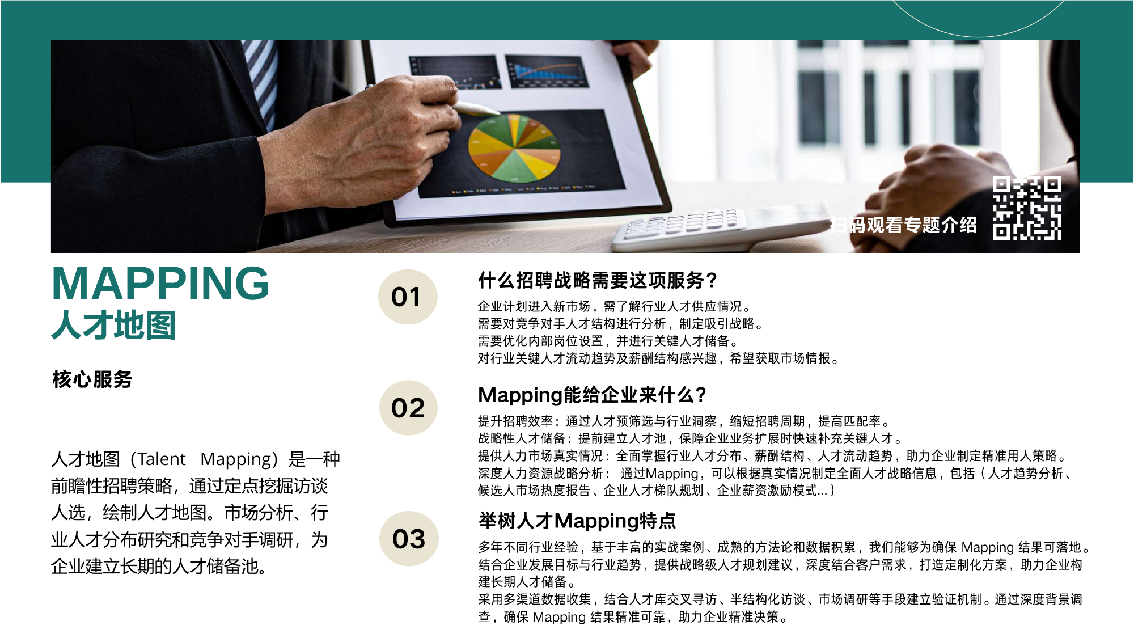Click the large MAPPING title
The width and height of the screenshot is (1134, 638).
click(160, 284)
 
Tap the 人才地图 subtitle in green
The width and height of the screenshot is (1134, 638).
click(113, 325)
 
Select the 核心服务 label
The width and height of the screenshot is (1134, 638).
click(92, 379)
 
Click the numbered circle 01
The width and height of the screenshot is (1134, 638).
click(408, 297)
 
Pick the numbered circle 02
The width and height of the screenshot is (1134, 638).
click(408, 408)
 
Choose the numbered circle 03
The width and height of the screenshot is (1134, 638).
click(409, 538)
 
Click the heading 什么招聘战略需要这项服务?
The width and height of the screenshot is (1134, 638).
click(598, 280)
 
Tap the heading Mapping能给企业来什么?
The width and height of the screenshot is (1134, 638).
click(592, 395)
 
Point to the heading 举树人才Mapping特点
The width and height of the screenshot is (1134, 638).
click(577, 521)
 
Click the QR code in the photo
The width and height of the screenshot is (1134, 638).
click(1027, 208)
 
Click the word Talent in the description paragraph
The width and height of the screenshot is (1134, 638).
click(162, 459)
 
